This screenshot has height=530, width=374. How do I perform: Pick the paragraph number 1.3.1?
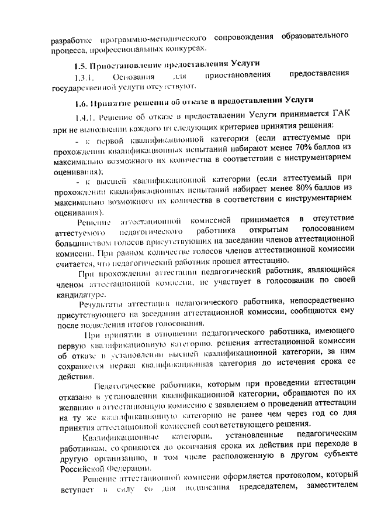coord(82,77)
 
